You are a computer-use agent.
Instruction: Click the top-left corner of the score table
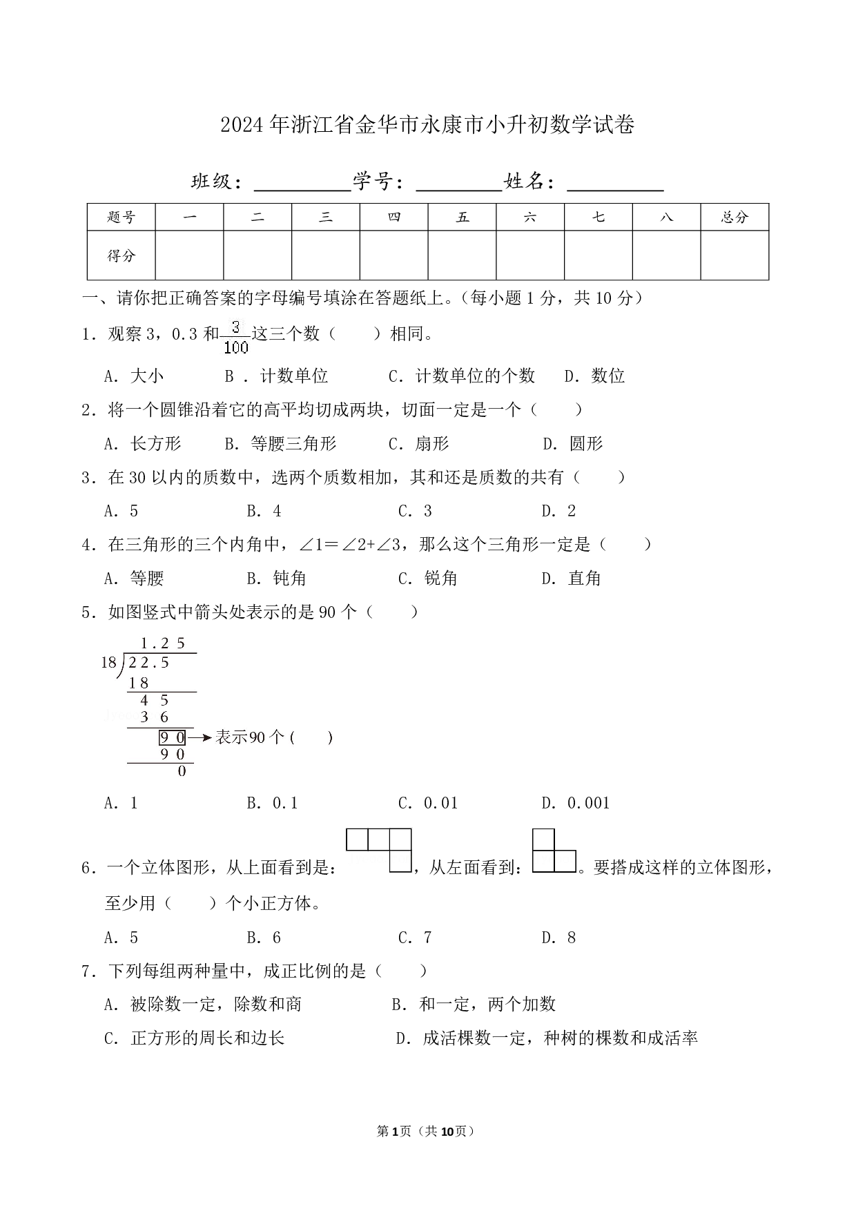(87, 204)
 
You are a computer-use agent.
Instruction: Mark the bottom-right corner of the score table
(769, 280)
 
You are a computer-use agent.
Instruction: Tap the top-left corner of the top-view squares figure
(346, 829)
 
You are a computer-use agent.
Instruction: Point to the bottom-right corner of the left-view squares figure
(576, 872)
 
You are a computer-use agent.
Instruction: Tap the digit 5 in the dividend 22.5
(165, 663)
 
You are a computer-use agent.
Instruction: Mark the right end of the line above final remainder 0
(194, 763)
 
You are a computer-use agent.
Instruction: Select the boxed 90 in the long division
(173, 737)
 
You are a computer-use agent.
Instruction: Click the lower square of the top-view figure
(400, 861)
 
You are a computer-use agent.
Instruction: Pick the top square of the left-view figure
(543, 840)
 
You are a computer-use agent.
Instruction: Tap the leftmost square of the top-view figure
(357, 840)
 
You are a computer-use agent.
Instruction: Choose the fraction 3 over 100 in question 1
(236, 336)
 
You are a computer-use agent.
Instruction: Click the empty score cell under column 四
(394, 255)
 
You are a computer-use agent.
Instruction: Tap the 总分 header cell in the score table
(735, 217)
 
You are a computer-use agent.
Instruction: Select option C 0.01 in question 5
(428, 803)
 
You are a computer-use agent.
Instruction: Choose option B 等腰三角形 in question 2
(281, 443)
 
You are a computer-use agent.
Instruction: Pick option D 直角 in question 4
(572, 578)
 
